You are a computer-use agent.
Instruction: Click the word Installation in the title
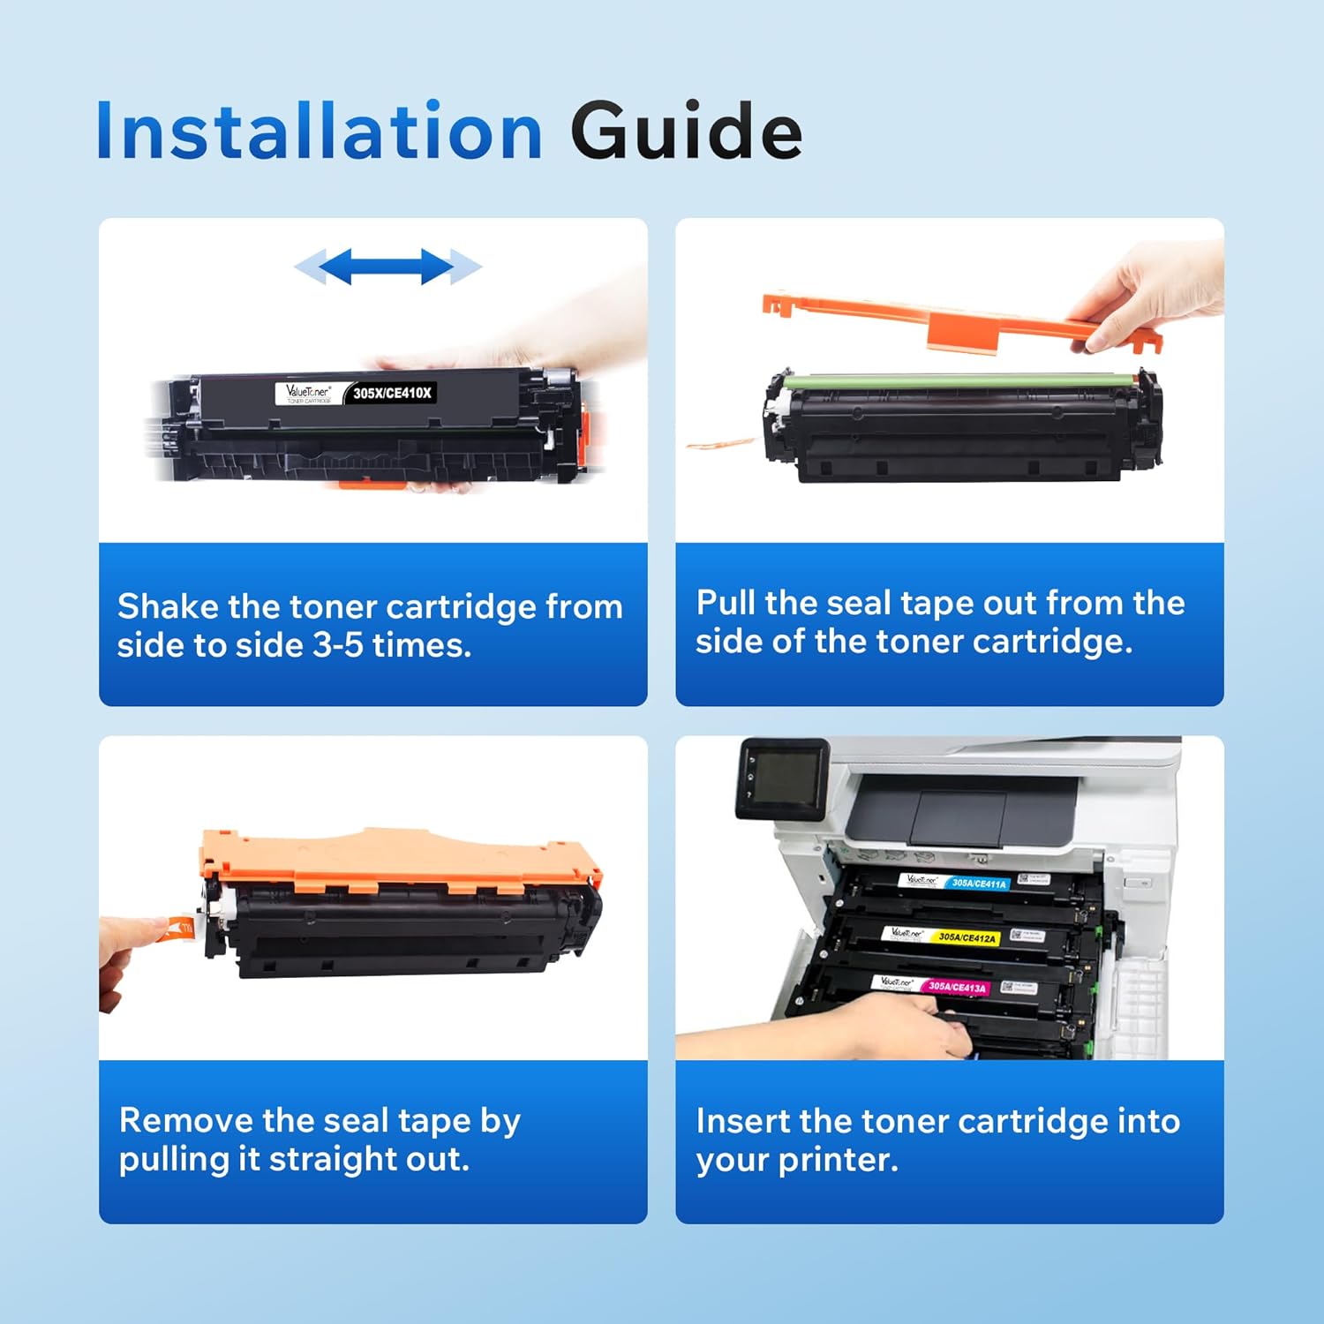pyautogui.click(x=319, y=132)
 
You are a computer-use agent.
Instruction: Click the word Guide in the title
pyautogui.click(x=686, y=132)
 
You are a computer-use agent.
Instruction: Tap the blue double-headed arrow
pyautogui.click(x=387, y=267)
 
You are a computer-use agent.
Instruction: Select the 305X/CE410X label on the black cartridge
pyautogui.click(x=392, y=393)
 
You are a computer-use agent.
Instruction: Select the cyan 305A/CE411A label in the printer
pyautogui.click(x=978, y=883)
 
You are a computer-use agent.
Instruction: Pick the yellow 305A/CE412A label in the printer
pyautogui.click(x=967, y=937)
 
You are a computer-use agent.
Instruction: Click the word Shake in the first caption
pyautogui.click(x=168, y=607)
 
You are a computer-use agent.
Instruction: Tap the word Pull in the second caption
pyautogui.click(x=726, y=603)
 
